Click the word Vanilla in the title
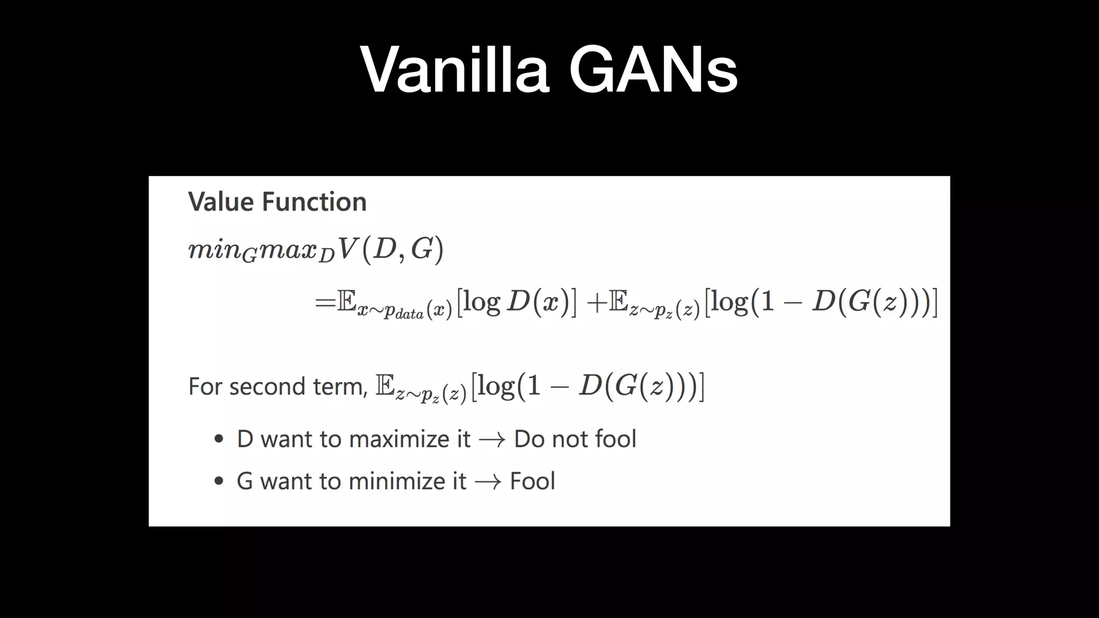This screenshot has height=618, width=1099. point(455,70)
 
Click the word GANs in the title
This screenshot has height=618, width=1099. point(653,70)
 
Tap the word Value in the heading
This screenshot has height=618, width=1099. point(221,202)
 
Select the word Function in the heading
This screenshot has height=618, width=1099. point(314,202)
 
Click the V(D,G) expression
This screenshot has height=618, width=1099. point(391,249)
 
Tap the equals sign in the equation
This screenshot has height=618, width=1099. point(325,302)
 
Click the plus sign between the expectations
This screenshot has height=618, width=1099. point(596,303)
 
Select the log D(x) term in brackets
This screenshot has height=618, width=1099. point(516,302)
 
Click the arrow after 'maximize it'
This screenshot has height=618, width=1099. point(492,440)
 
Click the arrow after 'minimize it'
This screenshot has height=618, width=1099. point(488,482)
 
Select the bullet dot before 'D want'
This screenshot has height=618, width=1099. point(218,439)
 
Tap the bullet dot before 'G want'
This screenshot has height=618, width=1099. point(218,481)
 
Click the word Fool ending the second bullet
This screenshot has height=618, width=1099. point(532,481)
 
